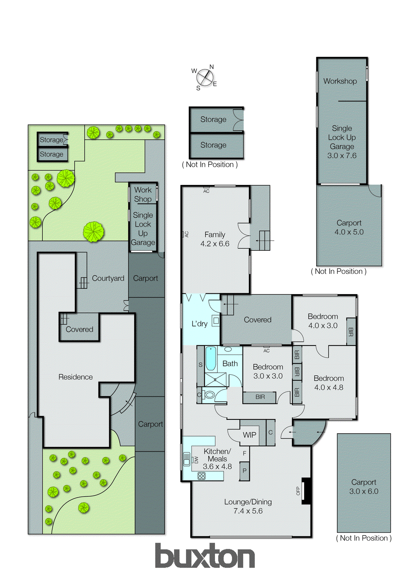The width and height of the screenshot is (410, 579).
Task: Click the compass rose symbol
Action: (x=205, y=77)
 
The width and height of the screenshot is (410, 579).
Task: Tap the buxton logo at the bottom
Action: (x=205, y=556)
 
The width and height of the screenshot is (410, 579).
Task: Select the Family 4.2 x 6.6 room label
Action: (x=215, y=239)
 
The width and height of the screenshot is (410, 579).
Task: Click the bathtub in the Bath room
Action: (x=211, y=359)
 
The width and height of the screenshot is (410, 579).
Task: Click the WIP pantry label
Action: (x=249, y=435)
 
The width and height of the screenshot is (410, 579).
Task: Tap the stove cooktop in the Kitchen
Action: (x=202, y=476)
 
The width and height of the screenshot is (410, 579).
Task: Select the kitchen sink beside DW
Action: (x=187, y=459)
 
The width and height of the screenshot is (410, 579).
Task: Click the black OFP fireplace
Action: (x=307, y=491)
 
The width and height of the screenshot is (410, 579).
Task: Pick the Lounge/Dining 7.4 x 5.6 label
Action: (x=248, y=506)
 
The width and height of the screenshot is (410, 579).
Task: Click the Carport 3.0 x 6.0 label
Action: (x=364, y=487)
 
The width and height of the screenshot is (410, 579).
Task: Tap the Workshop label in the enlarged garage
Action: (x=340, y=81)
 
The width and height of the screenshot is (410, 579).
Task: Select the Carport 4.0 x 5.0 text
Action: (x=349, y=228)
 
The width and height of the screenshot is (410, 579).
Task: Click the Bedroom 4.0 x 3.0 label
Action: (x=323, y=321)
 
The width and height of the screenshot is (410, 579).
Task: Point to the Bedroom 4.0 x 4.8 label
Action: (x=329, y=383)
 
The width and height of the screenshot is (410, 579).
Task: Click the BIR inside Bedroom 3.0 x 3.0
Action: (x=260, y=397)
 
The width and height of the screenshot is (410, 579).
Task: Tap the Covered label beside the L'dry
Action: (x=257, y=320)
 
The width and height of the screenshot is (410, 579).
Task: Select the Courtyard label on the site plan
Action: (x=108, y=278)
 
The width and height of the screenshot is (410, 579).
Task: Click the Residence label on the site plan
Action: (x=76, y=377)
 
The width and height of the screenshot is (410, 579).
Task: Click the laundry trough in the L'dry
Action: (x=216, y=321)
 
